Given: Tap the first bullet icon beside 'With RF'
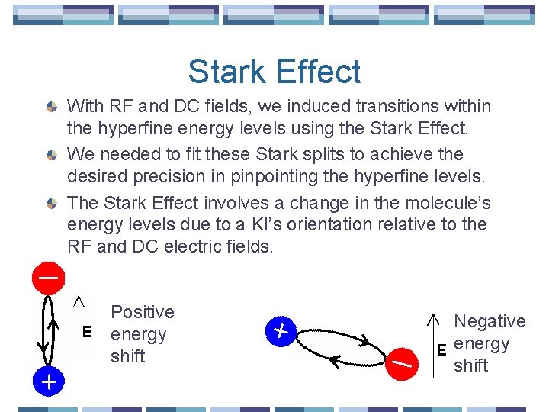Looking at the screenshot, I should point(51,107).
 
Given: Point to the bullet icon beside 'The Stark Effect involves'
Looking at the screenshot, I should point(51,204).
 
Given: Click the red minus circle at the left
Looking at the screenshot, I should point(47,278).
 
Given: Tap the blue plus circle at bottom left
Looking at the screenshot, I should point(47,381).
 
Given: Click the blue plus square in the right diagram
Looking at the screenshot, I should point(281,331).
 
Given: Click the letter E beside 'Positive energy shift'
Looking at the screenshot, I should point(87,333).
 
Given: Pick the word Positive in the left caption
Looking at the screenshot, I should point(142,312).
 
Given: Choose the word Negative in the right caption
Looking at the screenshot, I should point(490,322).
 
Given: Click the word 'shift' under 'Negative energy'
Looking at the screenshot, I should point(470,365).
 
